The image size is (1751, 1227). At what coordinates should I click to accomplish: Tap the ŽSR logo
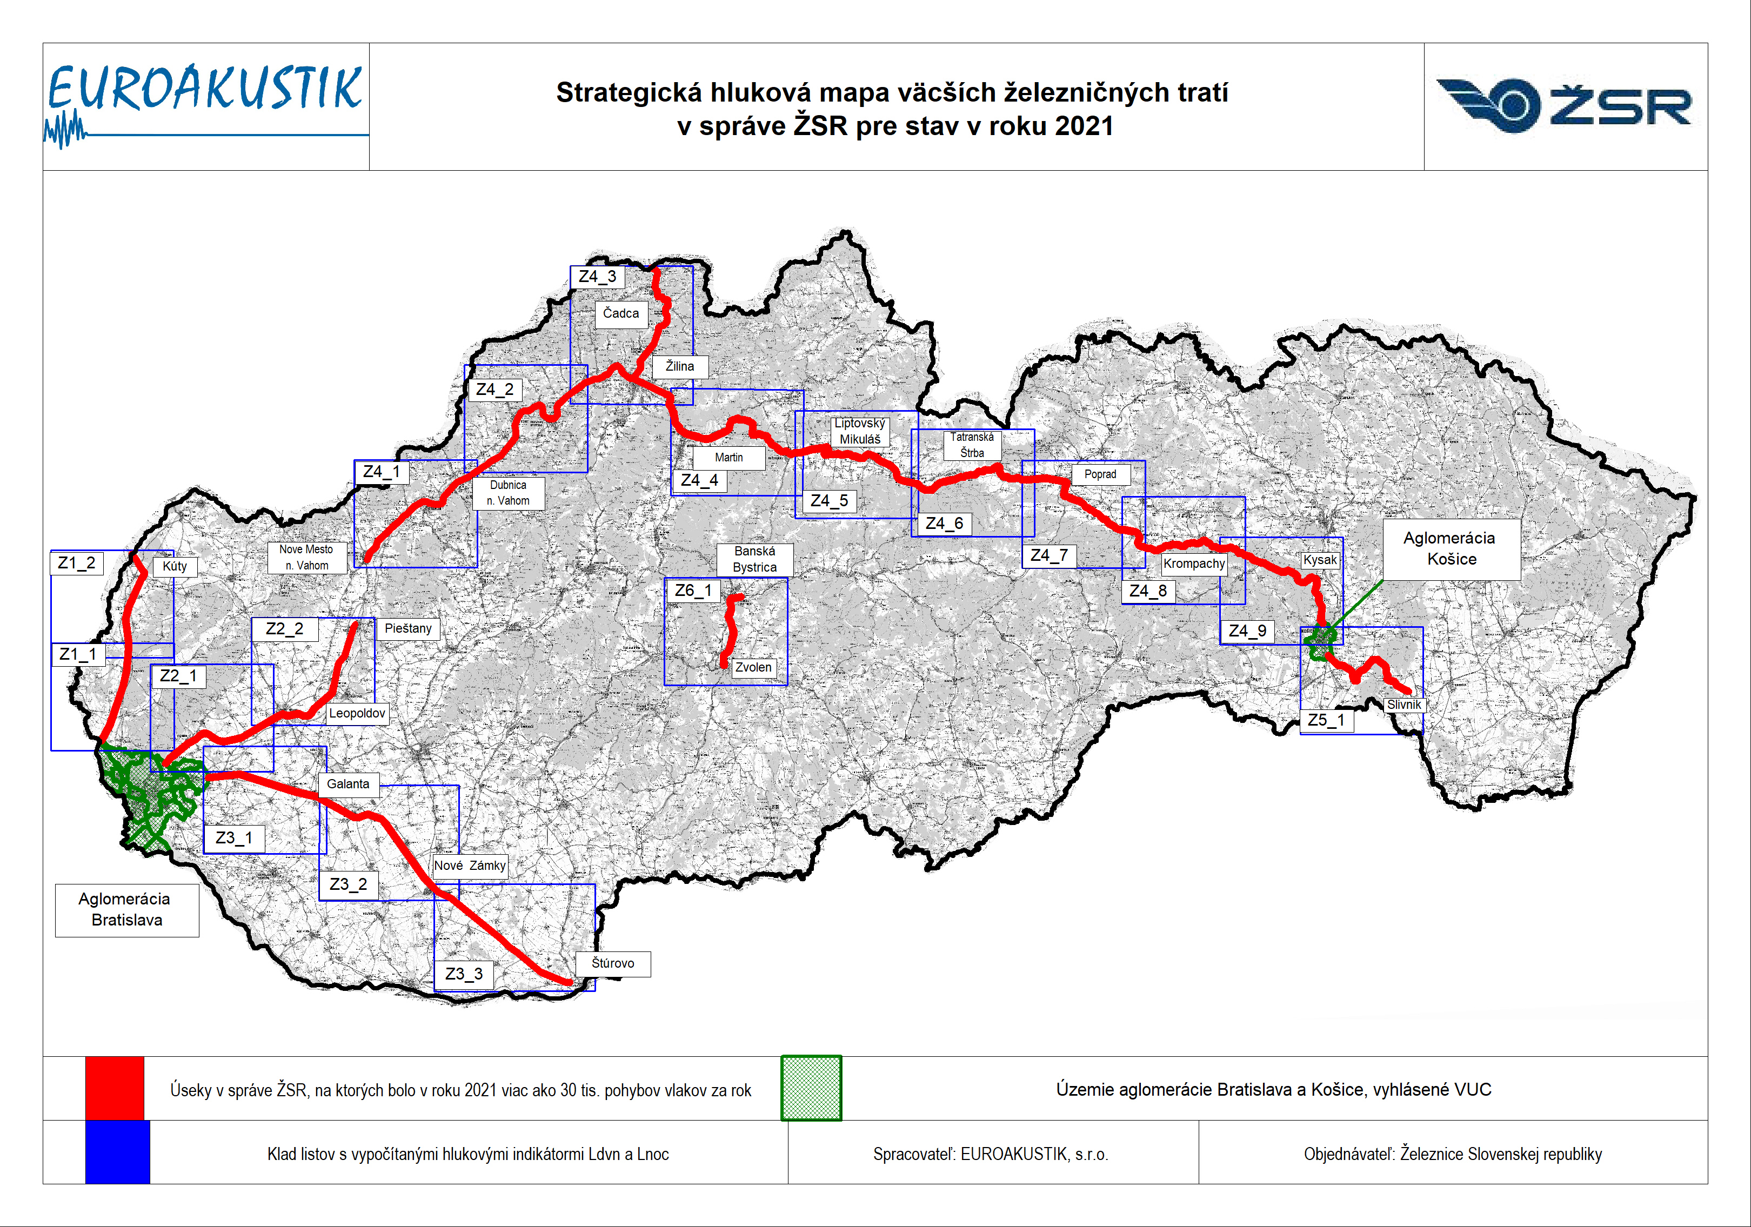tap(1564, 105)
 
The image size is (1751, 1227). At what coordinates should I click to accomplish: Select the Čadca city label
tap(621, 313)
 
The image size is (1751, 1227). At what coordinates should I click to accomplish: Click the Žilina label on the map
tap(679, 366)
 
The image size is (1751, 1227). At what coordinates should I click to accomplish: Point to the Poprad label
tap(1100, 474)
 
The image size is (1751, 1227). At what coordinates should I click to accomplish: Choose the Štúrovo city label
tap(612, 963)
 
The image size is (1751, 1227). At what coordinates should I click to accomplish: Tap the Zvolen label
tap(753, 667)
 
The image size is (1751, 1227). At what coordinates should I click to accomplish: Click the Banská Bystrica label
tap(754, 559)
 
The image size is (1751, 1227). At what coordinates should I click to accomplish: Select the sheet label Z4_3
tap(597, 277)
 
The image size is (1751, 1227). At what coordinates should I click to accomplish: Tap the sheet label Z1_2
tap(76, 563)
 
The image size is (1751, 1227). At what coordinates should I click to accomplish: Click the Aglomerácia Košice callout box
tap(1451, 549)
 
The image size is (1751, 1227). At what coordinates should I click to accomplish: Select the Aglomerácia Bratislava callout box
tap(126, 910)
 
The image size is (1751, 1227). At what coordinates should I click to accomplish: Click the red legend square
tap(115, 1088)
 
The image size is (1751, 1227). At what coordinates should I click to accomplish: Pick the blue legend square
tap(117, 1152)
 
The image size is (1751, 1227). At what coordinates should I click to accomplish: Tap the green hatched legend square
tap(811, 1088)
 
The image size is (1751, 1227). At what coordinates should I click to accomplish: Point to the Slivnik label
tap(1404, 705)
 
